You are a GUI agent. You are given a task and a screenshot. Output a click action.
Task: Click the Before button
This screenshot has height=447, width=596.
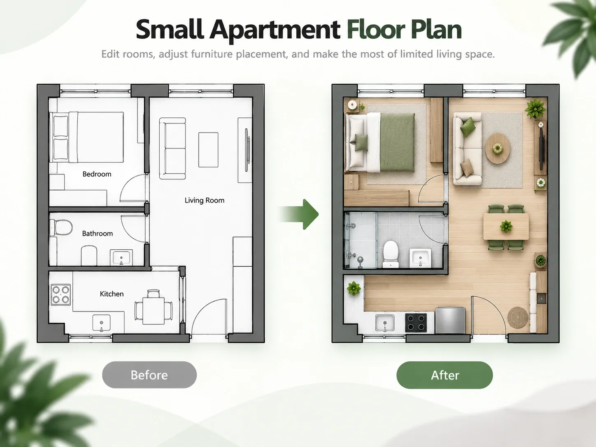point(149,375)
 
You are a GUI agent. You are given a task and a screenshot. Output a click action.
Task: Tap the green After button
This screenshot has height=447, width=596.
point(445,375)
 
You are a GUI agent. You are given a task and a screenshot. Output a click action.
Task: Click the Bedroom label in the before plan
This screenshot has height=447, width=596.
point(97,174)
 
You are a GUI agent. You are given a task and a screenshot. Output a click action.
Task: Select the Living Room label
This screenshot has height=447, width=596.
point(205,200)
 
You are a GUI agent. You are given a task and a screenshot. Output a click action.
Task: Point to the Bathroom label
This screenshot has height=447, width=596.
point(98,233)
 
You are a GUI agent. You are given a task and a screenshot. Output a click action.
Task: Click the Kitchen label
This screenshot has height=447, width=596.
point(112,293)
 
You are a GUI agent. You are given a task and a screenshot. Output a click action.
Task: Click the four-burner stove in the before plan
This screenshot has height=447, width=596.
point(61,295)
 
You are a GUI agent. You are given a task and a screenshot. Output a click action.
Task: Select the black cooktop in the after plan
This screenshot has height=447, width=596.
point(416,323)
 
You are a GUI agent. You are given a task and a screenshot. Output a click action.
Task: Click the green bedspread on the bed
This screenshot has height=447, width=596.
point(398,142)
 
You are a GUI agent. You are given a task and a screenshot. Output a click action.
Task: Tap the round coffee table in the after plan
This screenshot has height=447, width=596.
point(498,148)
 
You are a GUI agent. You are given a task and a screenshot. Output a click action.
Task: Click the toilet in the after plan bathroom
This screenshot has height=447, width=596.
point(391,254)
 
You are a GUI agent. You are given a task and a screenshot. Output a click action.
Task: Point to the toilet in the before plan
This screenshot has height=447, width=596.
point(62,228)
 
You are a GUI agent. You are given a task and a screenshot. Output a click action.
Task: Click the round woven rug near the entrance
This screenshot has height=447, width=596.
point(518,317)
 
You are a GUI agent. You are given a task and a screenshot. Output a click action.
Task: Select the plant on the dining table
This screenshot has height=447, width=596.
point(506,226)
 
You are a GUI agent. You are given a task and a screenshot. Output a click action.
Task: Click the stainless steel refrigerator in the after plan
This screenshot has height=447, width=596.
point(450,320)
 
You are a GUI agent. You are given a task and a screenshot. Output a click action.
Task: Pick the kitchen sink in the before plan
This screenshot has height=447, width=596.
point(102,323)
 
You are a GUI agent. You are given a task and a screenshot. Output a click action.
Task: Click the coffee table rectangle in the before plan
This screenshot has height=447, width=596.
point(208,150)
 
